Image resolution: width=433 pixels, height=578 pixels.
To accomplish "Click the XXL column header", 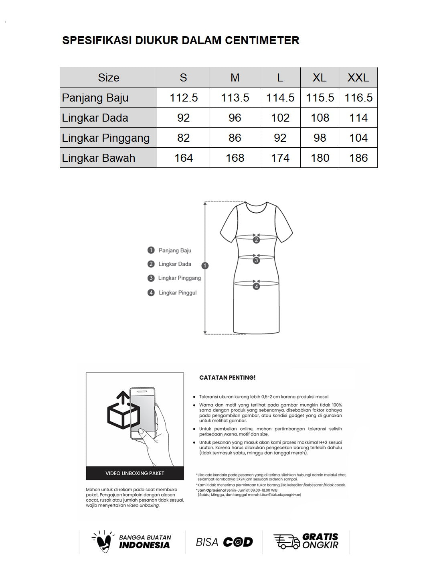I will (x=358, y=77).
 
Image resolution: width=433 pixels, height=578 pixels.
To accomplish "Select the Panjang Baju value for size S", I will (x=184, y=98).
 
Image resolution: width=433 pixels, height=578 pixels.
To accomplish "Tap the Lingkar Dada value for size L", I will (x=280, y=118).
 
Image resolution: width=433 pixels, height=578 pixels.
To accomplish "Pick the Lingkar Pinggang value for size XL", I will (x=320, y=138).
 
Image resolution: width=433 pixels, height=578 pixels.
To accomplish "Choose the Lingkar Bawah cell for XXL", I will (x=358, y=158).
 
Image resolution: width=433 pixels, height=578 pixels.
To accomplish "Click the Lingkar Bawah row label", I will (x=99, y=158).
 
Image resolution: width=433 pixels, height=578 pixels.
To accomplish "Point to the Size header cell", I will (x=108, y=77).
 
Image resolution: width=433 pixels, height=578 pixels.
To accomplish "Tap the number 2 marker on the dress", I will (x=256, y=240).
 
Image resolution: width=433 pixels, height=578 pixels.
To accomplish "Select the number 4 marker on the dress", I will (x=256, y=286).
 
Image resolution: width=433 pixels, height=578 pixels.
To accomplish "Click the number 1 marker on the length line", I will (x=205, y=265).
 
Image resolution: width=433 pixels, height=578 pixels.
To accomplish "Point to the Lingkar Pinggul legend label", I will (x=178, y=293).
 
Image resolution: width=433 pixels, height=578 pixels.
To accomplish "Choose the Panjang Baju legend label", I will (x=175, y=250).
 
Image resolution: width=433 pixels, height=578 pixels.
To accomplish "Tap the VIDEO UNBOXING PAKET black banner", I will (x=135, y=473).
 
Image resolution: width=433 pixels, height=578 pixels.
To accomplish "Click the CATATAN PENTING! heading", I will (x=227, y=378).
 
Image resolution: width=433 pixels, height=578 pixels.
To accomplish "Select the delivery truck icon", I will (x=286, y=541).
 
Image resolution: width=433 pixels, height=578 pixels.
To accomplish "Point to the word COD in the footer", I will (x=238, y=542).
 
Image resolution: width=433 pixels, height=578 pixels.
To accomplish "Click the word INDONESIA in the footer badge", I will (x=144, y=545).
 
